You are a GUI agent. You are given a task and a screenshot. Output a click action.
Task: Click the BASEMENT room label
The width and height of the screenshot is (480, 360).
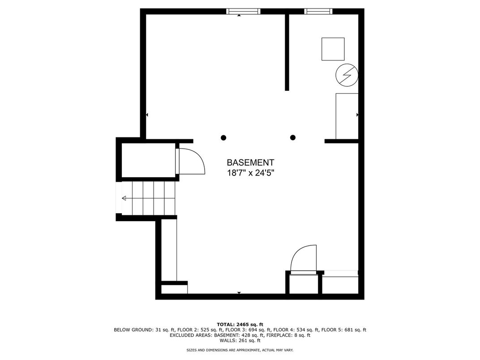pos(250,163)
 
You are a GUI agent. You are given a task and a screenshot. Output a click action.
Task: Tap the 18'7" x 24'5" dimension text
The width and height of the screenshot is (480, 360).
pos(250,173)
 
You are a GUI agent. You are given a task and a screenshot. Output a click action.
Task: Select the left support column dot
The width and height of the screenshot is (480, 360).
pos(223,137)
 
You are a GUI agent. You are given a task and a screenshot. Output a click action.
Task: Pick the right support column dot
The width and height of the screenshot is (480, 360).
pos(293,137)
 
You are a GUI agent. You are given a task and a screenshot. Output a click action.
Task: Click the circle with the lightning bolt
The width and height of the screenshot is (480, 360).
pos(347,75)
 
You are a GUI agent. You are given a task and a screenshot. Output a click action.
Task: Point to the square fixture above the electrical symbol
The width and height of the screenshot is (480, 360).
pos(333,49)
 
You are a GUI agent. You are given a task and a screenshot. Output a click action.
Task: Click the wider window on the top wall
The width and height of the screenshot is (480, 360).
pos(244,11)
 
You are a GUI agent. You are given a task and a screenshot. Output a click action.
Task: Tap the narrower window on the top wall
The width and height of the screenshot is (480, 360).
pos(318,11)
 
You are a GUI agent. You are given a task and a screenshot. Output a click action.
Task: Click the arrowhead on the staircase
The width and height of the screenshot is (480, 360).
pos(124,198)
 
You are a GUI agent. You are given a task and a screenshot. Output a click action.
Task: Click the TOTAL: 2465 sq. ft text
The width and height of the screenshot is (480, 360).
pos(240,325)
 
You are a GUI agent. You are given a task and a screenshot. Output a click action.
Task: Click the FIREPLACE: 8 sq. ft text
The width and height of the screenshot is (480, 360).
pos(288,335)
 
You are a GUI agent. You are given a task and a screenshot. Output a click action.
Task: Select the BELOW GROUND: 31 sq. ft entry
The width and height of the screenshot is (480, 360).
pos(144,330)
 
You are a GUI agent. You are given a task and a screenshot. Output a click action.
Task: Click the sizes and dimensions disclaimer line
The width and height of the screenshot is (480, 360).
pos(240,350)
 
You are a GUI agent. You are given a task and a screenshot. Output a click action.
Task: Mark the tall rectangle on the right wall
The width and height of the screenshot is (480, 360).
pos(347,116)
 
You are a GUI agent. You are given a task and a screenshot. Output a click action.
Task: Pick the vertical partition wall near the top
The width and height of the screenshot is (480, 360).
pos(287,52)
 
